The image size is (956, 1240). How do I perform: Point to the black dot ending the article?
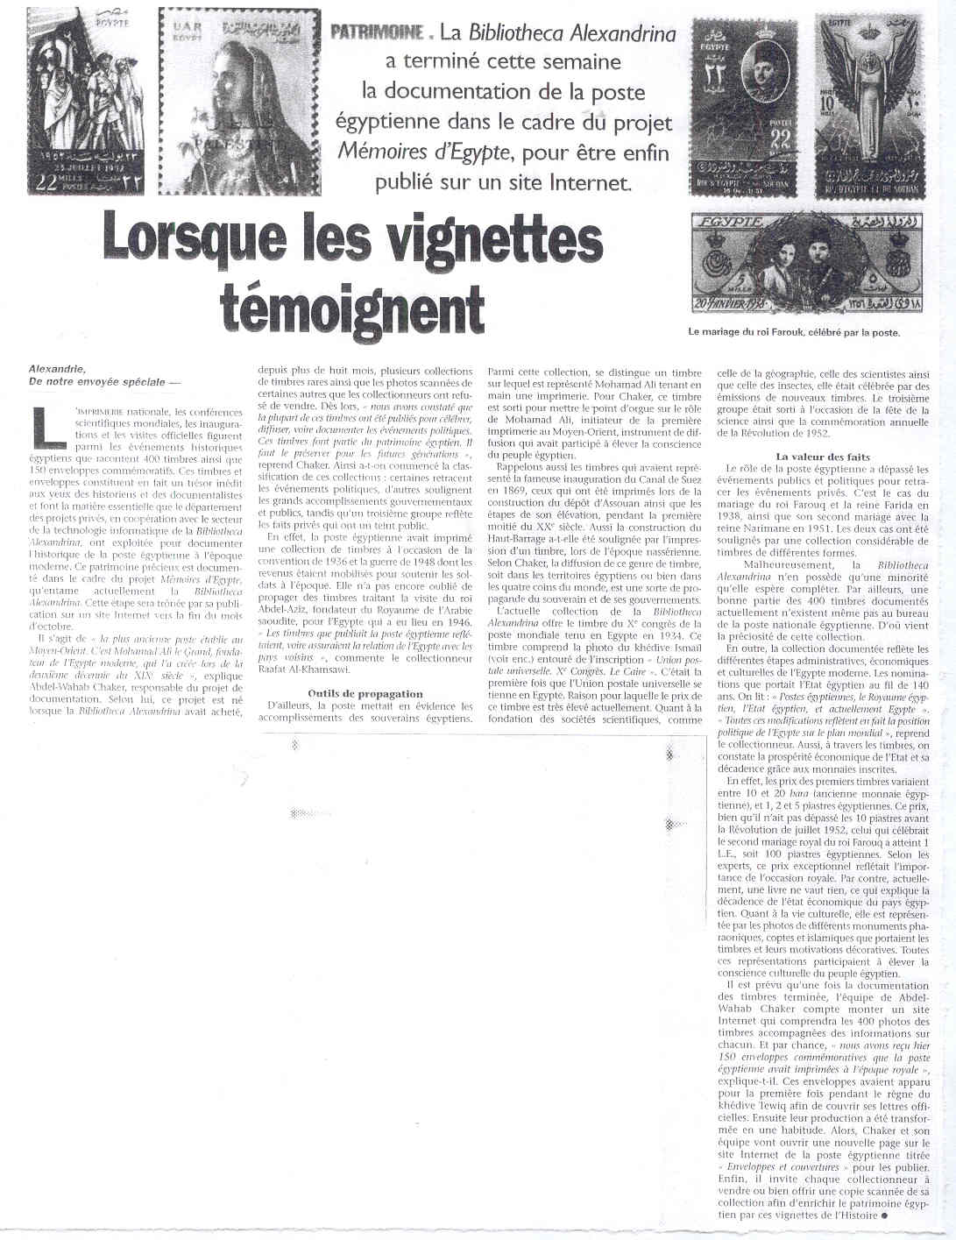[885, 1215]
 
